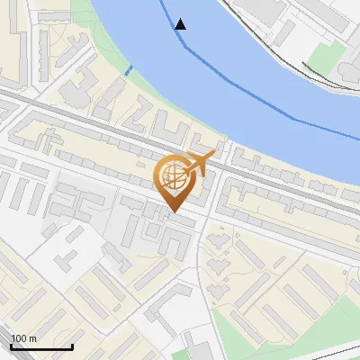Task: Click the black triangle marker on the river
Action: coord(181,24)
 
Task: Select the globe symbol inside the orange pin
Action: coord(175,175)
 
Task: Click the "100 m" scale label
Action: coord(23,338)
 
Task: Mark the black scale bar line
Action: coord(41,346)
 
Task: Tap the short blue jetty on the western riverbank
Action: coord(129,69)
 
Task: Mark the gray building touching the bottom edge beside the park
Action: coord(200,346)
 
